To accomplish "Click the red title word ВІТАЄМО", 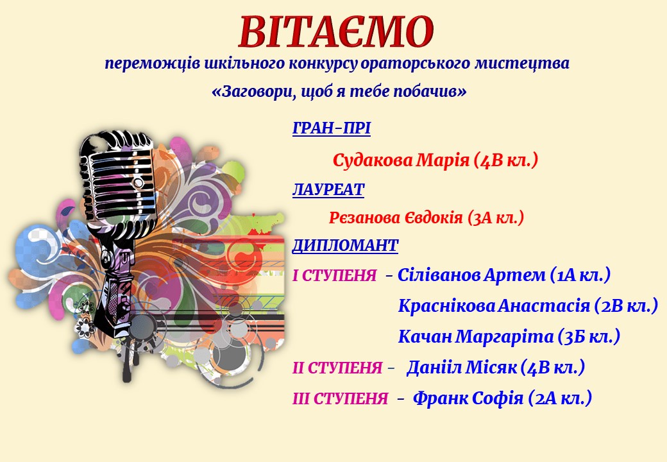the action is coord(336,32).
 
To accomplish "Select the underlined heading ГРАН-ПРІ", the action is coord(332,128).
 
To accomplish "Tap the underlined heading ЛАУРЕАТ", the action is coord(328,190).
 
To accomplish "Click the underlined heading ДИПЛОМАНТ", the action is coord(345,246).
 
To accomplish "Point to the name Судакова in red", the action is coord(373,160).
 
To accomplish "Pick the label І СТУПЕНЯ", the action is coord(335,276).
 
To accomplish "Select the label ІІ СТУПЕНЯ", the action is coord(337,368).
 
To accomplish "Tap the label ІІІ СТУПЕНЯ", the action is coord(341,398).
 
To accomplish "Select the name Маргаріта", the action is coord(505,336).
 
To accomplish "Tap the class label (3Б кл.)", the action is coord(589,336).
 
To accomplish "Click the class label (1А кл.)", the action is coord(580,275).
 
